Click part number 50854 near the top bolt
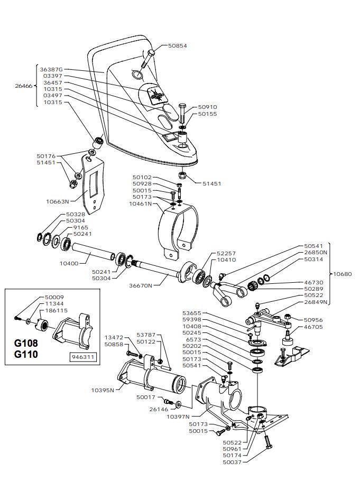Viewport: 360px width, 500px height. [178, 46]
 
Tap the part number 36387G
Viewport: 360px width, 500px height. [51, 69]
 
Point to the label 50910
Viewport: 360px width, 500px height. [208, 107]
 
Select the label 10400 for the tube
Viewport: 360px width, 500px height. [69, 263]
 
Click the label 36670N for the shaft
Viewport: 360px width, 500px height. [141, 285]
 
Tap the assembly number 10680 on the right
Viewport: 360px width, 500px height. [343, 274]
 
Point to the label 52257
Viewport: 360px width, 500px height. [226, 253]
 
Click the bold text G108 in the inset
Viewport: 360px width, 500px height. [26, 343]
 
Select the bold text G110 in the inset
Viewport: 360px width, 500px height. [26, 354]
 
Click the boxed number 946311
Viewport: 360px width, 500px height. [82, 357]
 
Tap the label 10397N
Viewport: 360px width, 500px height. [178, 416]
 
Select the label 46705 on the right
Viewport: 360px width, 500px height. [313, 327]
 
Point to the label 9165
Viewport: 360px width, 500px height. [80, 227]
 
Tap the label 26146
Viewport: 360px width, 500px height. [159, 409]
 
